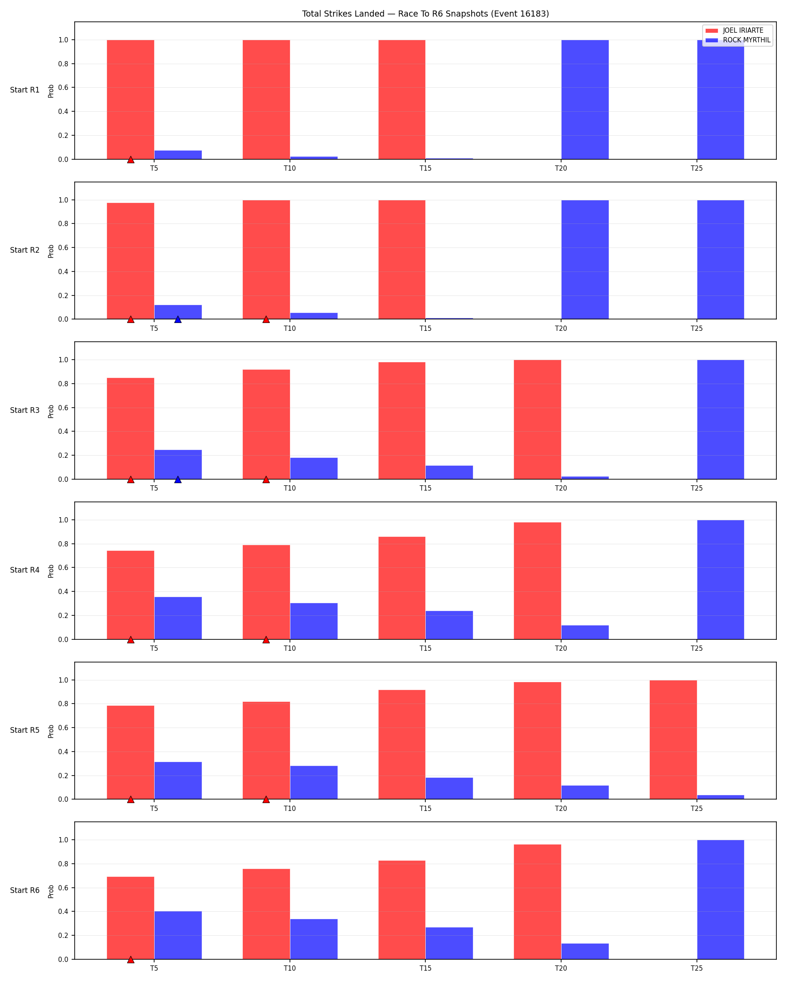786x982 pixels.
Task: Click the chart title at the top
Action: (x=425, y=14)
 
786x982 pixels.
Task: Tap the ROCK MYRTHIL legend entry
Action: (x=738, y=40)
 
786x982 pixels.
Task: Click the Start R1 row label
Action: (x=24, y=90)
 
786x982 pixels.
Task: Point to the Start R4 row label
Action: (x=24, y=570)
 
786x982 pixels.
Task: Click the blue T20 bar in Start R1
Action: (x=585, y=100)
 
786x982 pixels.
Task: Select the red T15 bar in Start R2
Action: (x=402, y=260)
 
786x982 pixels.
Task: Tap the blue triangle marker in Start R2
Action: (x=178, y=319)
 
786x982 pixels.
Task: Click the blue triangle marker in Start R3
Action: (x=178, y=480)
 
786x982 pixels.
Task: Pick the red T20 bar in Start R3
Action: (x=538, y=419)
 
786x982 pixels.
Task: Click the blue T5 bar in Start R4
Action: (x=178, y=618)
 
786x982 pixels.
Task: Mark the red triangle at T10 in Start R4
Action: (x=266, y=639)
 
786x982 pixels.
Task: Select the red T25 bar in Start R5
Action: (x=673, y=740)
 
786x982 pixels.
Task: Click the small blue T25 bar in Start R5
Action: (x=720, y=797)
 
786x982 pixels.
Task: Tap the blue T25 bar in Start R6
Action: (x=720, y=900)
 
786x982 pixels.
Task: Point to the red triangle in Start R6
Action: (x=131, y=960)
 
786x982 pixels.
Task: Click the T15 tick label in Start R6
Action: (x=425, y=968)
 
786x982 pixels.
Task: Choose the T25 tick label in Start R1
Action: (x=696, y=168)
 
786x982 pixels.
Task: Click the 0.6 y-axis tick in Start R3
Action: (x=63, y=408)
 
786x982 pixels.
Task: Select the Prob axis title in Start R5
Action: (x=51, y=731)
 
